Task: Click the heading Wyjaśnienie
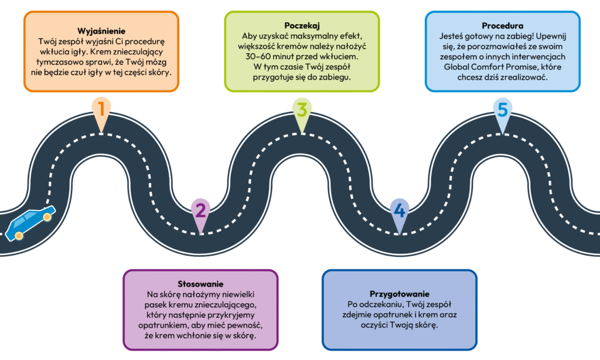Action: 101,30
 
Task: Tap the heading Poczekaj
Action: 301,26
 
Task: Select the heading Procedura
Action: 502,26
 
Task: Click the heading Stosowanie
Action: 200,283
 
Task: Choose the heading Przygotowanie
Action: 400,293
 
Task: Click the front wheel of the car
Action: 47,218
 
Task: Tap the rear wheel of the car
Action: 19,235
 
